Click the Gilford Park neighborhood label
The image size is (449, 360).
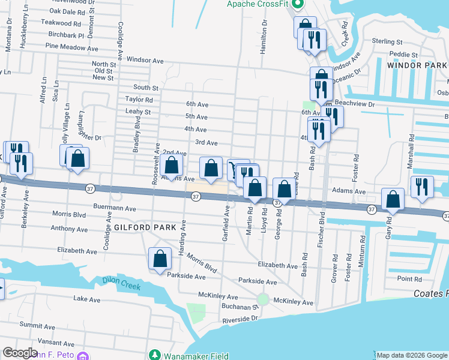(146, 227)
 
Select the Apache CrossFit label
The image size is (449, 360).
(262, 4)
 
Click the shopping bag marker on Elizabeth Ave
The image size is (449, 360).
(160, 259)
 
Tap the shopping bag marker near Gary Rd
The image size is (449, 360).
(393, 200)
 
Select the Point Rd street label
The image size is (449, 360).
(409, 279)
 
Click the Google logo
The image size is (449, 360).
(20, 353)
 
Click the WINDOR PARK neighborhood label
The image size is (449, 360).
(417, 64)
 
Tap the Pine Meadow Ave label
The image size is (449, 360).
(71, 47)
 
